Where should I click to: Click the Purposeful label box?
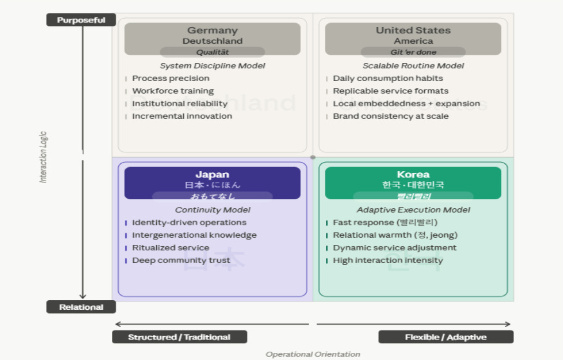(81, 20)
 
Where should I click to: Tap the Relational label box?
(81, 307)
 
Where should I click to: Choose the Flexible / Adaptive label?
(445, 337)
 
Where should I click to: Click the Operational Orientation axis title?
(313, 354)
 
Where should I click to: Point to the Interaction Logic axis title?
(44, 157)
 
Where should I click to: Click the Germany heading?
(212, 30)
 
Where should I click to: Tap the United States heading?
(413, 30)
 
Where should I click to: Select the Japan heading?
(212, 174)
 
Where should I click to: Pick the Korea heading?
(413, 174)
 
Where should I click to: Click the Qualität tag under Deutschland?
(212, 52)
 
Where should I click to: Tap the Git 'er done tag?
(413, 52)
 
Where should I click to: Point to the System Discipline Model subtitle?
(212, 66)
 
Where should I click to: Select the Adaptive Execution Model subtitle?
(413, 210)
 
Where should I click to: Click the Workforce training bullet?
(173, 91)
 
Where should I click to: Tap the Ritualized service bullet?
(170, 248)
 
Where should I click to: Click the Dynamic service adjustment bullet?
(395, 248)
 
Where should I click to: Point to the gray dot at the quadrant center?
(313, 157)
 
